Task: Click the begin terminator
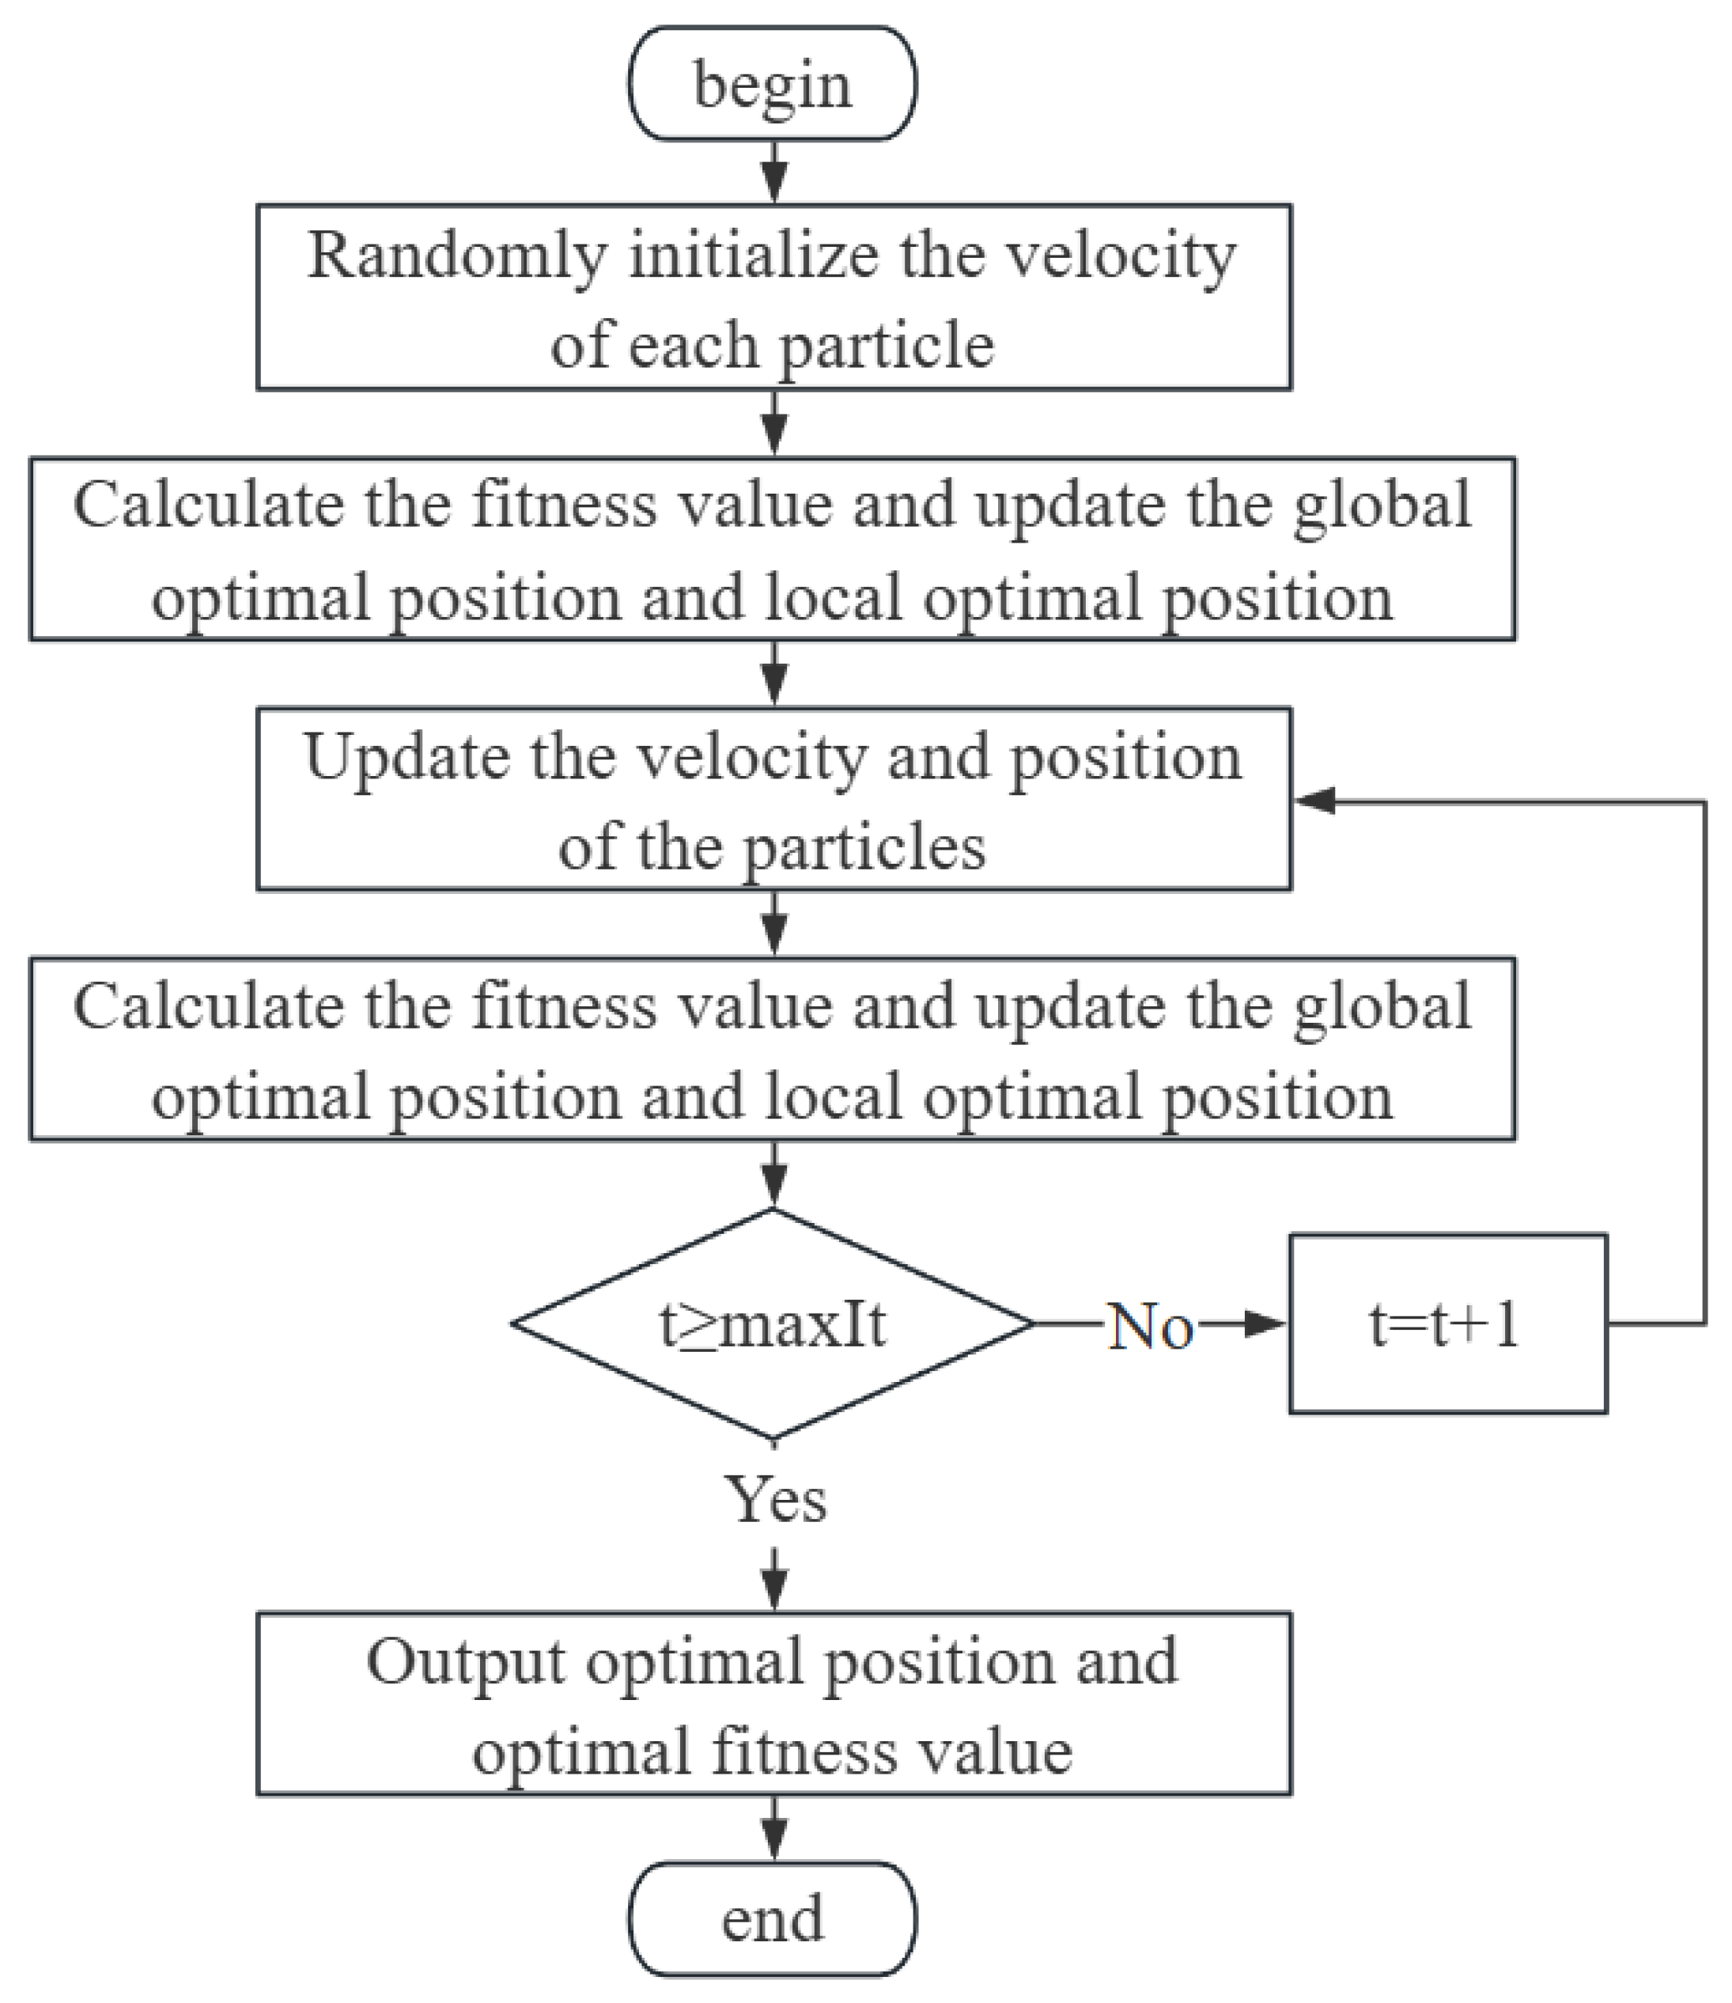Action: pyautogui.click(x=772, y=84)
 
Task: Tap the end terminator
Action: pyautogui.click(x=772, y=1918)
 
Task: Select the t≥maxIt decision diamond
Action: pyautogui.click(x=772, y=1324)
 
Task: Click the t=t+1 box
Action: pyautogui.click(x=1446, y=1324)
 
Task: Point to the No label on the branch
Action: pyautogui.click(x=1149, y=1327)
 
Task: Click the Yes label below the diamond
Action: pyautogui.click(x=776, y=1501)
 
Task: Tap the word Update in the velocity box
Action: pyautogui.click(x=406, y=757)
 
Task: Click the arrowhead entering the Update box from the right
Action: pyautogui.click(x=1314, y=801)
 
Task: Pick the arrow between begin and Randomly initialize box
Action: pyautogui.click(x=774, y=174)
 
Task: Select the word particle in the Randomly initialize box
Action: pyautogui.click(x=887, y=346)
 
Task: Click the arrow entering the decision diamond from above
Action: pyautogui.click(x=774, y=1177)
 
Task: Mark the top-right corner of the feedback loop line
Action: pyautogui.click(x=1705, y=801)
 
